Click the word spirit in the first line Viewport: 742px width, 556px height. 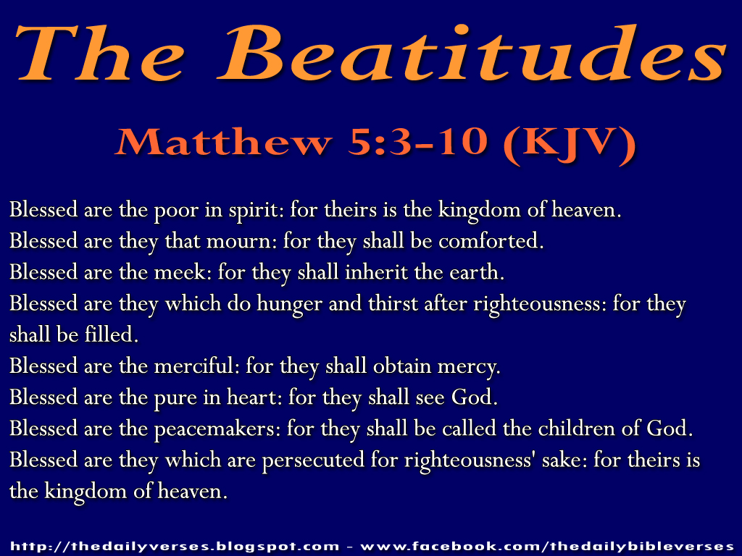coord(257,211)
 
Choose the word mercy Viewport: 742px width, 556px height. coord(474,366)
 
